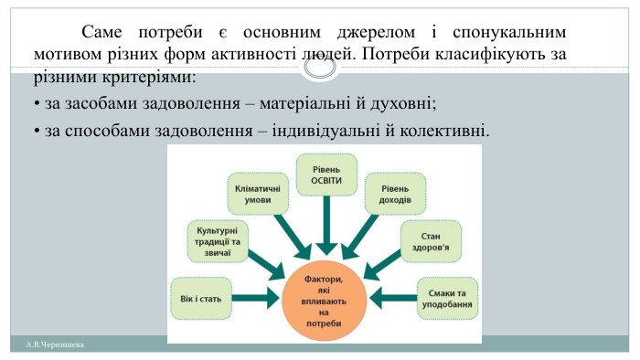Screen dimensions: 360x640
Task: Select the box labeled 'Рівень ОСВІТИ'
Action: pos(326,174)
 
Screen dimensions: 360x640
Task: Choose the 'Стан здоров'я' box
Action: pos(431,240)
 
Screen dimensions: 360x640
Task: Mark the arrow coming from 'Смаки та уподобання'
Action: pos(393,297)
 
